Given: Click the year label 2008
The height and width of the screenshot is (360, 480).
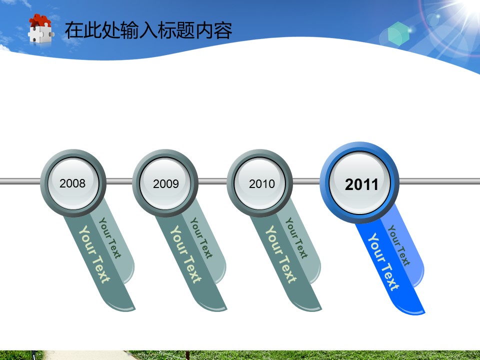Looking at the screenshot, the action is pyautogui.click(x=72, y=183).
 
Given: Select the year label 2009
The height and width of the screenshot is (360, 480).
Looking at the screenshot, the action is pyautogui.click(x=166, y=183).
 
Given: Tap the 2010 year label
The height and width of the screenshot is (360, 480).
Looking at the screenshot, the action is pyautogui.click(x=261, y=183).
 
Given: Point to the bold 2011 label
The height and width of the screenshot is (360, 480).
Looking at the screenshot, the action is pyautogui.click(x=361, y=184).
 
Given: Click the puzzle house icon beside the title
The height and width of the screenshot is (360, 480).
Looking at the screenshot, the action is pyautogui.click(x=40, y=28).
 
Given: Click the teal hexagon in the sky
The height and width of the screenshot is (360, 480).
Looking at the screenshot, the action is pyautogui.click(x=398, y=34).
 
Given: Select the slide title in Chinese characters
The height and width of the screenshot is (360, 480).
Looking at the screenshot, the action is pyautogui.click(x=148, y=30).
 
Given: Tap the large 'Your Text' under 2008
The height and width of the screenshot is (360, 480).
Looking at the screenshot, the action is pyautogui.click(x=94, y=254).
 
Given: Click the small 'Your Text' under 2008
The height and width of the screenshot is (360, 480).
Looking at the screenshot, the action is pyautogui.click(x=110, y=238).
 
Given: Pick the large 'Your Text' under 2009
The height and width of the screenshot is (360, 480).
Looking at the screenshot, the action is pyautogui.click(x=186, y=254).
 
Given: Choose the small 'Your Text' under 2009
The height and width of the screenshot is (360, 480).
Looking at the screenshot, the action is pyautogui.click(x=201, y=238).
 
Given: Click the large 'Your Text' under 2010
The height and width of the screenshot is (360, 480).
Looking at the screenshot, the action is pyautogui.click(x=280, y=254).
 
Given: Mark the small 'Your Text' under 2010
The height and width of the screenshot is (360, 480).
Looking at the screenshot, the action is pyautogui.click(x=296, y=238).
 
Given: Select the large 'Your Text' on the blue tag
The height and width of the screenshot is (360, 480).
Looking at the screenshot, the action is pyautogui.click(x=383, y=261).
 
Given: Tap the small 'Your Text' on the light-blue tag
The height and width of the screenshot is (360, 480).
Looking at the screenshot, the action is pyautogui.click(x=399, y=245).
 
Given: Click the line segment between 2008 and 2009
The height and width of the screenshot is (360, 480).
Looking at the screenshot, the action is pyautogui.click(x=119, y=181).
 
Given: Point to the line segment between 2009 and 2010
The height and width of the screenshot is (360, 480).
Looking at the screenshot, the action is pyautogui.click(x=212, y=181).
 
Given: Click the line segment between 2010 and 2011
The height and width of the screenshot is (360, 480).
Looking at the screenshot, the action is pyautogui.click(x=306, y=181).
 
